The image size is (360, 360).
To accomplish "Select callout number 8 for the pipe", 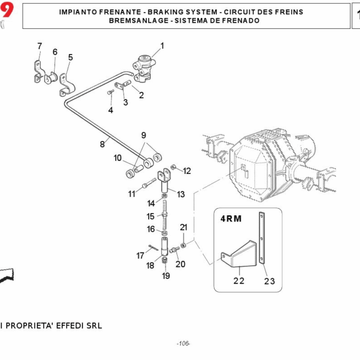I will point(103,144).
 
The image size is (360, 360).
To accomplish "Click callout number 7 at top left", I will point(40,46).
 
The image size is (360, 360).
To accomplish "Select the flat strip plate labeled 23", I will point(262,240).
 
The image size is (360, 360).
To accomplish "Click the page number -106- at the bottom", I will point(183,344).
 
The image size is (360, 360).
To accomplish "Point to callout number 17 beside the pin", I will point(140,256).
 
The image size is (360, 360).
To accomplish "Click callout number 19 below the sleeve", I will point(166,276).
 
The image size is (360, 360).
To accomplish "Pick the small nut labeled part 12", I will point(173,166).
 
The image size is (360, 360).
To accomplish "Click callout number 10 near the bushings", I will point(118,158).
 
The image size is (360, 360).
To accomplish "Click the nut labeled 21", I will point(183,244).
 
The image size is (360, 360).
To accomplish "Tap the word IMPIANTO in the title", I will point(79,12).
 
